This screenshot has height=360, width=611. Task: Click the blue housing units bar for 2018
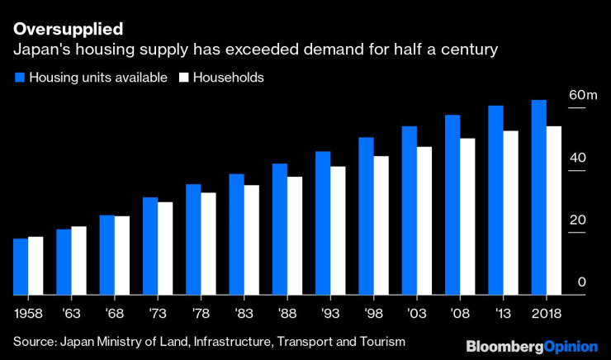click(x=538, y=197)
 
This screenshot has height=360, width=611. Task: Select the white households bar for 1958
click(x=36, y=266)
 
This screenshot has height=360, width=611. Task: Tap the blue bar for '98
click(x=366, y=216)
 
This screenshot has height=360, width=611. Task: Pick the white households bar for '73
click(x=165, y=249)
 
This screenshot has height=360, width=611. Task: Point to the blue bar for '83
click(x=237, y=234)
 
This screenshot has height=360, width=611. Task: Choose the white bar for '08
click(x=467, y=216)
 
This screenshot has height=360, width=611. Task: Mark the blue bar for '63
click(x=64, y=262)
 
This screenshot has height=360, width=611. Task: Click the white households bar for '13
click(x=510, y=213)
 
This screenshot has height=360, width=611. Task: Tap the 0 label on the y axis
click(x=581, y=282)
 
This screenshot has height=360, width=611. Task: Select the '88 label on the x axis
click(x=287, y=315)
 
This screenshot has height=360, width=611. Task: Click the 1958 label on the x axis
click(x=27, y=315)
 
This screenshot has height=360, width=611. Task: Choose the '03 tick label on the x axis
click(x=416, y=315)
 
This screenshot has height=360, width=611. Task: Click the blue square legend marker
click(x=18, y=78)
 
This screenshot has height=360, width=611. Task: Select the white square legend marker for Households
click(x=185, y=78)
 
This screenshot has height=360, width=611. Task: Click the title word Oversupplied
click(x=68, y=29)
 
